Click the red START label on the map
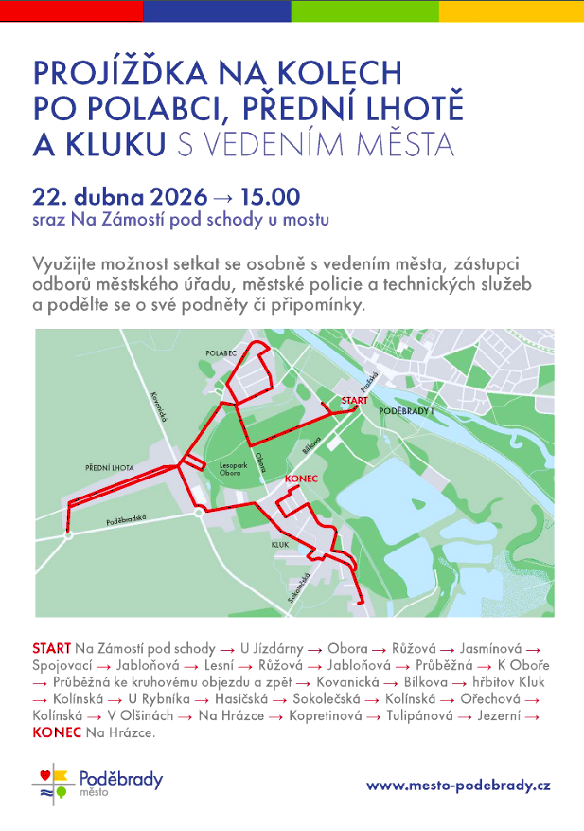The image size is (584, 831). (354, 401)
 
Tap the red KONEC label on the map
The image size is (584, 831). (300, 480)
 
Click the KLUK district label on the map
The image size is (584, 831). (279, 546)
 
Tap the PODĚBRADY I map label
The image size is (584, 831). (406, 412)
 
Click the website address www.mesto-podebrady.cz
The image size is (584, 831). (458, 785)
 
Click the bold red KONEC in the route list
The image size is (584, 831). (56, 733)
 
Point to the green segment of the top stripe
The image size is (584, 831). (364, 10)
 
